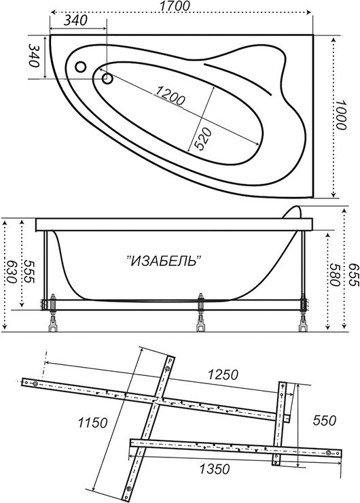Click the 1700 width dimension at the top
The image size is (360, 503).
174,5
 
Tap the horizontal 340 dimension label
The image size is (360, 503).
75,20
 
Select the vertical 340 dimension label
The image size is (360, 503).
34,55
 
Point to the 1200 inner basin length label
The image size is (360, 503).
170,95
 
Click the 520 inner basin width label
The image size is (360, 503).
203,139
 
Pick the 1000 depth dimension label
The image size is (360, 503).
341,115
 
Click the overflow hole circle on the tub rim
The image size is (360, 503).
80,67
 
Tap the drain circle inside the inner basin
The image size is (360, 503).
107,78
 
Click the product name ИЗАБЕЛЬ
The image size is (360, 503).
164,260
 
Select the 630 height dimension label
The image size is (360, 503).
12,271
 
